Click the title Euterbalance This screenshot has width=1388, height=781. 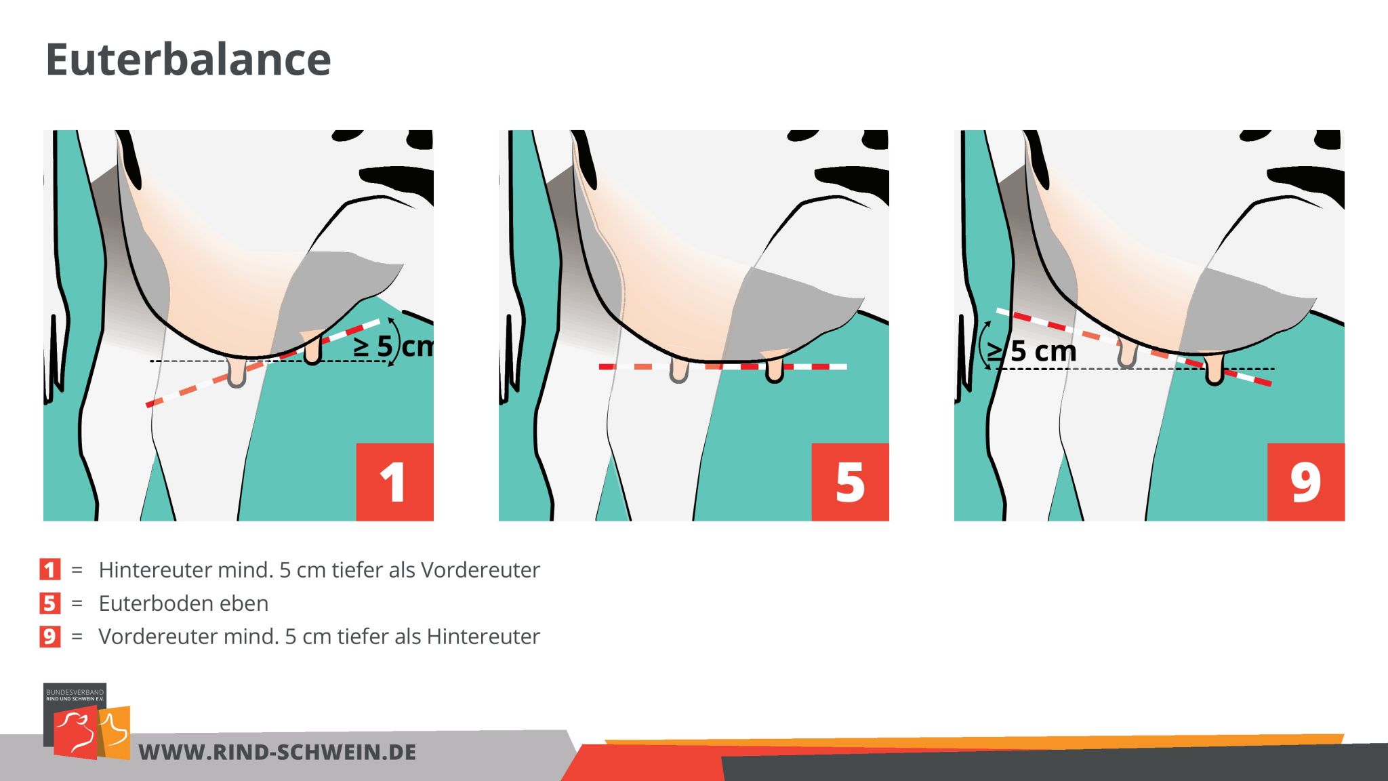(x=188, y=60)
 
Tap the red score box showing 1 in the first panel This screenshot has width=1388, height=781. (x=394, y=482)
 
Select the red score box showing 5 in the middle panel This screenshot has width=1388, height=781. (x=850, y=482)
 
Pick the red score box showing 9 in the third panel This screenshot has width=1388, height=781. (x=1305, y=482)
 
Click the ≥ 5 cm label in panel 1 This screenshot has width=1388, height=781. (x=393, y=346)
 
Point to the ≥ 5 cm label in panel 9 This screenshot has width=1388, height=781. (x=1032, y=351)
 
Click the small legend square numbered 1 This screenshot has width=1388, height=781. (x=49, y=569)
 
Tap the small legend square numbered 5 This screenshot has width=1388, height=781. (x=49, y=603)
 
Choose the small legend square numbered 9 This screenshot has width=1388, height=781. (x=49, y=636)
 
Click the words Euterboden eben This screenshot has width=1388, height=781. (x=184, y=603)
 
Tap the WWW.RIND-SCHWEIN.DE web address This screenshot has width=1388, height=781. (x=277, y=752)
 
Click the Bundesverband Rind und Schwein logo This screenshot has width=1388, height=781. (x=86, y=721)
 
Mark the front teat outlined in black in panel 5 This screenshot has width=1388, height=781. (x=774, y=369)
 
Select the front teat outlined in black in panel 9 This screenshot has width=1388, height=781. (x=1214, y=370)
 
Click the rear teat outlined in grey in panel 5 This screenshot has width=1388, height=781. (x=678, y=372)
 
